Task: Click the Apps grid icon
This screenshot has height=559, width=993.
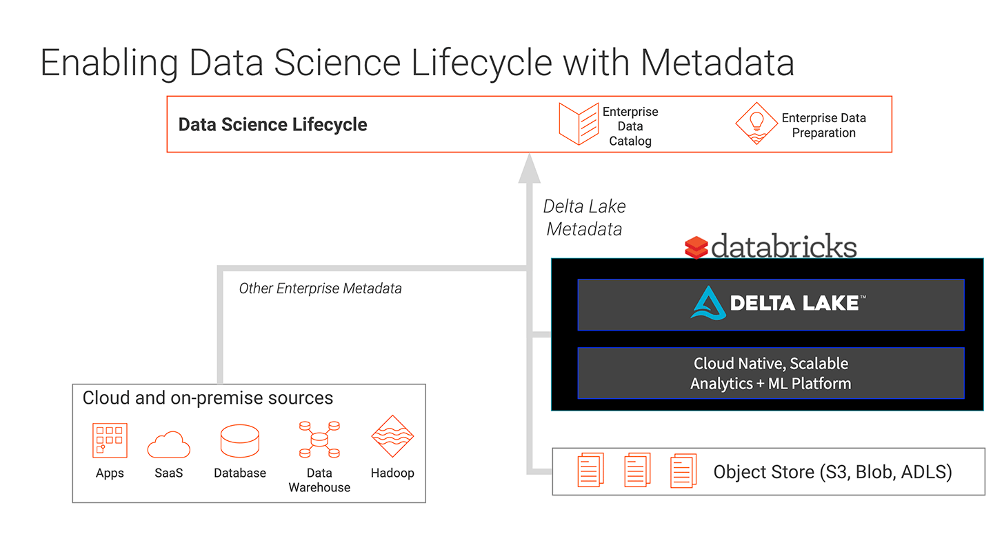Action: click(x=110, y=440)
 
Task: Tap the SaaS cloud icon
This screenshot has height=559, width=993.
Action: click(x=169, y=444)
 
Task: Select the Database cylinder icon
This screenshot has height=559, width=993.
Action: click(x=239, y=441)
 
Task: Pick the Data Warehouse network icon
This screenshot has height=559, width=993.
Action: click(x=319, y=440)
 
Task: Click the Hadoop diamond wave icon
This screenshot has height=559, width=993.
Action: click(x=392, y=438)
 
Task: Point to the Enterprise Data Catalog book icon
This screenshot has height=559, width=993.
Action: click(x=578, y=124)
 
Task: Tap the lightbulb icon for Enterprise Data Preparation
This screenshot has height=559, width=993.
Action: click(x=756, y=124)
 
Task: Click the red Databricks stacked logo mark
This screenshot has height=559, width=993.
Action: click(x=696, y=247)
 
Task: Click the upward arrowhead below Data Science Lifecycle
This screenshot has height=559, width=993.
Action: click(x=529, y=168)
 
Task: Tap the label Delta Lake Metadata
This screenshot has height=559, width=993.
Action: click(x=584, y=217)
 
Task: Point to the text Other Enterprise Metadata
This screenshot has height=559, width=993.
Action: click(x=320, y=288)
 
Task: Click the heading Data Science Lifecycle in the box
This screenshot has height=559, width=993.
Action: click(x=272, y=125)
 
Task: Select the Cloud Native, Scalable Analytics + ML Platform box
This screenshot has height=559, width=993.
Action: click(x=770, y=373)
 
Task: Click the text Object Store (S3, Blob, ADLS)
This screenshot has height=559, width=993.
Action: click(x=832, y=472)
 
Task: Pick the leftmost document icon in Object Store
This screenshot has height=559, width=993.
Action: click(x=590, y=471)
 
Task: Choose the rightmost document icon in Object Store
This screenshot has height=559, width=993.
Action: click(x=683, y=471)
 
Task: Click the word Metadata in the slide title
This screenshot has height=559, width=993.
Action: click(x=717, y=63)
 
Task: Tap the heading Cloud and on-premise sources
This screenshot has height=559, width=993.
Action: click(x=208, y=398)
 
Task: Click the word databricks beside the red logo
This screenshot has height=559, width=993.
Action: click(x=784, y=246)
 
